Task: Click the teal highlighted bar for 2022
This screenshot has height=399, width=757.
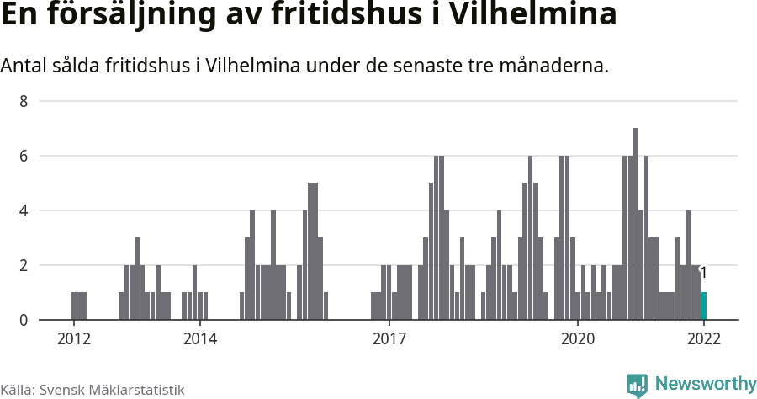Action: click(704, 306)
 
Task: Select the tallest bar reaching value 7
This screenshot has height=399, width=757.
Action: click(636, 224)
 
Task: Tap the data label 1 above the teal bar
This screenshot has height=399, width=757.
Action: click(703, 273)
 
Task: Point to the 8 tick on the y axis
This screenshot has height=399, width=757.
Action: click(24, 102)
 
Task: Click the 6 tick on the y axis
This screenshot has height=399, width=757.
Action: click(24, 157)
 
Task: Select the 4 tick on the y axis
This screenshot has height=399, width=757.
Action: click(24, 211)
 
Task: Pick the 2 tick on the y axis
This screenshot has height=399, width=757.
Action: click(24, 266)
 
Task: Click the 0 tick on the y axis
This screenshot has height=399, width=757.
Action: click(24, 321)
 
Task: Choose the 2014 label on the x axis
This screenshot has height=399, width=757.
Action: click(199, 339)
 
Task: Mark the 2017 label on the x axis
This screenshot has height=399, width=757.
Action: click(389, 339)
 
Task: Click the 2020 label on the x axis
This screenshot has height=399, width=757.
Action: click(578, 339)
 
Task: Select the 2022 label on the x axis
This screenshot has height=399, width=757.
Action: click(704, 339)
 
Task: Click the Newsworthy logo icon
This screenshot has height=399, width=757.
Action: click(637, 385)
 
